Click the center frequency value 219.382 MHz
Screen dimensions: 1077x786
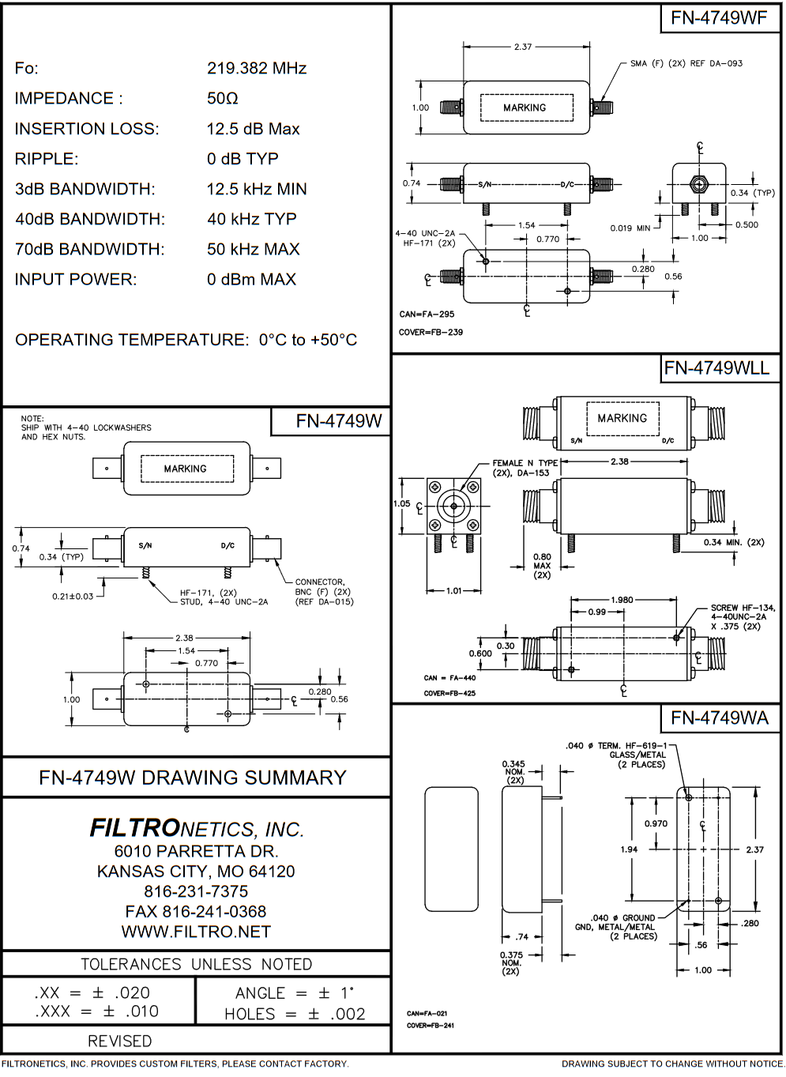(257, 69)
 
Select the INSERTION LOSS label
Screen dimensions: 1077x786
(87, 129)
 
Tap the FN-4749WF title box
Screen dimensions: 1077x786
(719, 18)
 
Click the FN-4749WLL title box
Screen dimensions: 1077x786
(716, 368)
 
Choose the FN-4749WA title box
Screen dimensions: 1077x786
(719, 718)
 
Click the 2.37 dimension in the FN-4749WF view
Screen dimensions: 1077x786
(523, 47)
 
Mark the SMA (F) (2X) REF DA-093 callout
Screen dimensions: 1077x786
(686, 63)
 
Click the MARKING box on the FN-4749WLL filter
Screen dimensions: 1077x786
(622, 418)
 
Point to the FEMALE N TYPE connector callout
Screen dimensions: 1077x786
(525, 468)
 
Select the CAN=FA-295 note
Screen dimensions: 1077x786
(427, 314)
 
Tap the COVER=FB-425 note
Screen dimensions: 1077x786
(449, 694)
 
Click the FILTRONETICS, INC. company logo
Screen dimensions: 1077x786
(197, 828)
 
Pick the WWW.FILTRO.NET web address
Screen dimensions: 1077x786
(196, 932)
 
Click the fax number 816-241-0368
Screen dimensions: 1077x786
(196, 912)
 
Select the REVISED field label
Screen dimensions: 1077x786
(119, 1041)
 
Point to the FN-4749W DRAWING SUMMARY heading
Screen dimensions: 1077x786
(193, 778)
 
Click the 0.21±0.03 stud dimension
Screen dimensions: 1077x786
(73, 597)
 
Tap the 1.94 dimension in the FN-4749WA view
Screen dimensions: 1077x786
(629, 849)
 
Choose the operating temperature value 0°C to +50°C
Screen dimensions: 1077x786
(308, 341)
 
